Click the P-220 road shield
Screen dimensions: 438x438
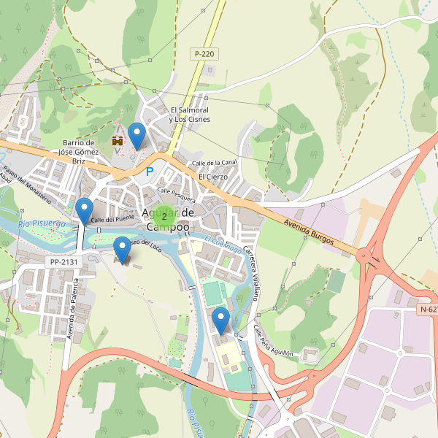[x=205, y=54]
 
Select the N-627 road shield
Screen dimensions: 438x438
[x=429, y=310]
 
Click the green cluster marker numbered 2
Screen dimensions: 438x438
[x=164, y=215]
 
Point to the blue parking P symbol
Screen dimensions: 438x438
[x=150, y=172]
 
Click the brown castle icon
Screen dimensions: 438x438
[x=117, y=139]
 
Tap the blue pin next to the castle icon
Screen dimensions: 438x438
[x=137, y=135]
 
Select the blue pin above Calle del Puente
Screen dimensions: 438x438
[x=85, y=210]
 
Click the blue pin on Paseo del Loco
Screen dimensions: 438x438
[x=123, y=250]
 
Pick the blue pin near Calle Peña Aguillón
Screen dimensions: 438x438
[x=220, y=320]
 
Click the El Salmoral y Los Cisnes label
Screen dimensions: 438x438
[x=189, y=114]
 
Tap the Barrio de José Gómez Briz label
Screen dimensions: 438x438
[x=80, y=152]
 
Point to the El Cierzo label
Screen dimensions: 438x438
[x=213, y=177]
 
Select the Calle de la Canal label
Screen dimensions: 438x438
[x=214, y=162]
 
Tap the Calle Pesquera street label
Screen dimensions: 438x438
[x=176, y=195]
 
